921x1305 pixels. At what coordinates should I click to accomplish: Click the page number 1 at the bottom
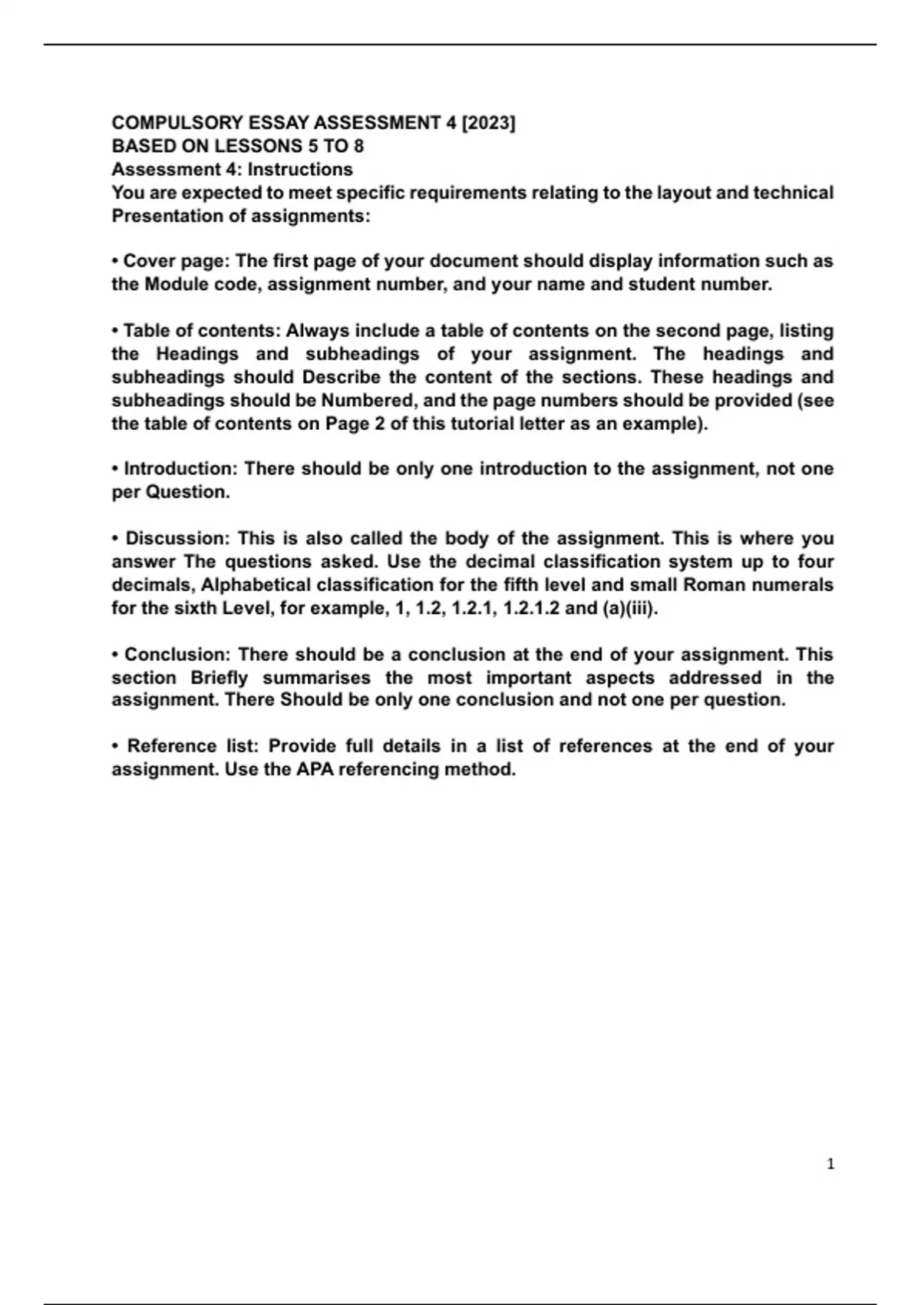point(830,1165)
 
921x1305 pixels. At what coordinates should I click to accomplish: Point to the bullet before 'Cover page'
point(115,262)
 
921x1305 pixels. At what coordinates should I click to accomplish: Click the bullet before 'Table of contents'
point(115,332)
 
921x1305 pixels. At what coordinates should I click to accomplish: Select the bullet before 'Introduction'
point(115,469)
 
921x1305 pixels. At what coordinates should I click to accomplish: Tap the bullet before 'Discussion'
point(115,539)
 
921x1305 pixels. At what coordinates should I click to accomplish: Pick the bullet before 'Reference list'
point(115,746)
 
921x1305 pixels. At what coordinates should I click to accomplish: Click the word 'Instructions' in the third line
point(300,170)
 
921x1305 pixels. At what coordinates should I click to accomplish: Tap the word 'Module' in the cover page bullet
point(177,285)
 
